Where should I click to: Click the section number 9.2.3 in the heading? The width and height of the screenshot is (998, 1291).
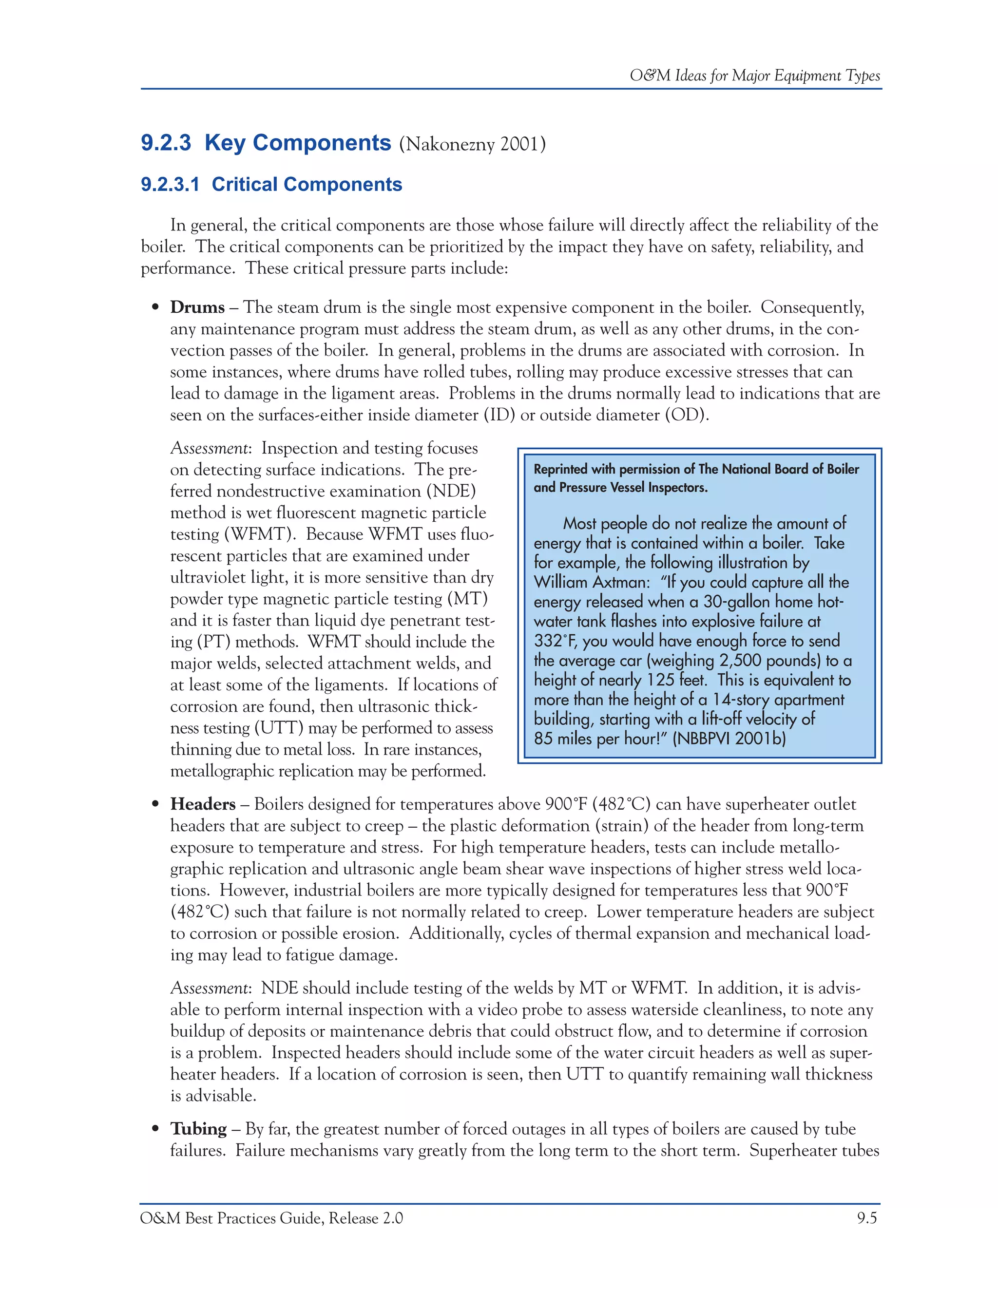point(166,144)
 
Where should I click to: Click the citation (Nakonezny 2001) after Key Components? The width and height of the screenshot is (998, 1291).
point(472,145)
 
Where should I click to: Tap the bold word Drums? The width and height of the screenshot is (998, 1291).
point(197,307)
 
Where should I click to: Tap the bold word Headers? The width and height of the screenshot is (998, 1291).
point(202,804)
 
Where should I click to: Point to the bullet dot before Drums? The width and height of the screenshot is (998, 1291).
point(155,308)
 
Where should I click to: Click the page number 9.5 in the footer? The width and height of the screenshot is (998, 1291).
point(867,1218)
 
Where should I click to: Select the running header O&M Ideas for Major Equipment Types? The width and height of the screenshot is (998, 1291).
point(754,76)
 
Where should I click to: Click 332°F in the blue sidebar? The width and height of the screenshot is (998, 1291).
point(555,641)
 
